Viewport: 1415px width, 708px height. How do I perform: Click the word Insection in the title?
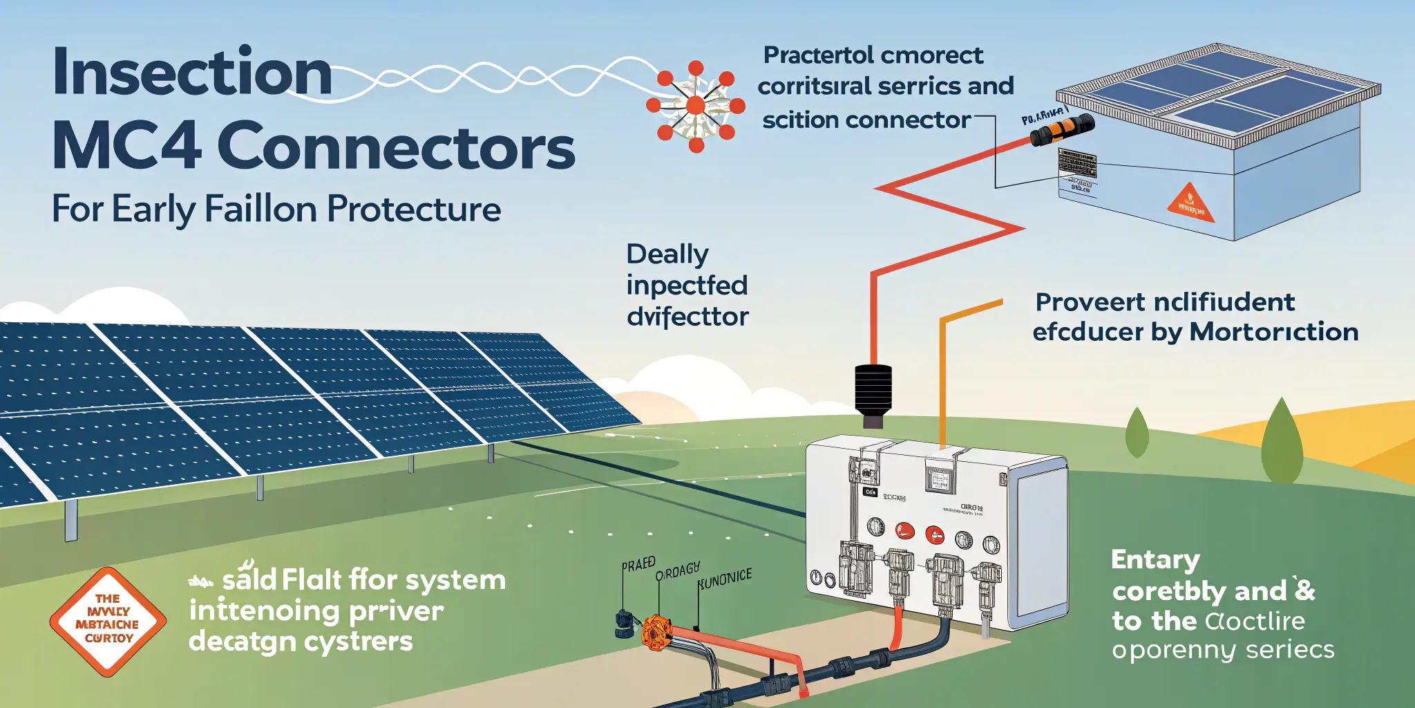[192, 73]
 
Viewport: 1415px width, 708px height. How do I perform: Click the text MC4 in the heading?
[126, 147]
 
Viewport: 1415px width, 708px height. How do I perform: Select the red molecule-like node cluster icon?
[696, 106]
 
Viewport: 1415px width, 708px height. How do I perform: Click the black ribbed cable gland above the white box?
[873, 391]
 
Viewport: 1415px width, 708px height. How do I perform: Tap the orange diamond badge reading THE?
[108, 620]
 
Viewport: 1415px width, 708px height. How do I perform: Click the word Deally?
[667, 254]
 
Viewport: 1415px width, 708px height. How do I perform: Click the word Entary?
[1155, 560]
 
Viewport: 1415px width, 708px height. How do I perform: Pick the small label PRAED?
[638, 564]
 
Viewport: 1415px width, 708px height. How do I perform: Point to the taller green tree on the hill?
[1282, 442]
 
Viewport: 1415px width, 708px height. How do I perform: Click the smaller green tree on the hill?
[1137, 433]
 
